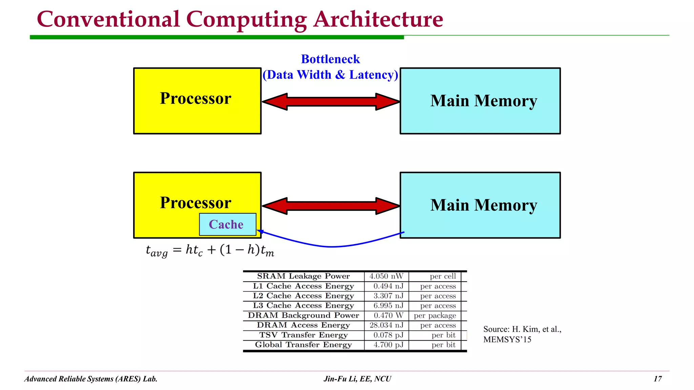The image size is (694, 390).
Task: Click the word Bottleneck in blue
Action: pyautogui.click(x=330, y=59)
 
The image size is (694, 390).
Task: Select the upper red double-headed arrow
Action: pyautogui.click(x=331, y=102)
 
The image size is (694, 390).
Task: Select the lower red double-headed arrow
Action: pyautogui.click(x=331, y=206)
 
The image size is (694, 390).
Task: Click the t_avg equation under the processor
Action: pyautogui.click(x=210, y=251)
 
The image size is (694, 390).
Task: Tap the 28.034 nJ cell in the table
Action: pyautogui.click(x=386, y=325)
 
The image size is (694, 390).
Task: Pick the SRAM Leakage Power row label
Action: pyautogui.click(x=303, y=276)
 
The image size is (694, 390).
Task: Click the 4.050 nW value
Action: pyautogui.click(x=386, y=276)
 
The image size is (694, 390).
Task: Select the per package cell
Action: pyautogui.click(x=435, y=316)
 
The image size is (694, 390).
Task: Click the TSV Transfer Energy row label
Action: pyautogui.click(x=303, y=335)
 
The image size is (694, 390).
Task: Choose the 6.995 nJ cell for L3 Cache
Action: pyautogui.click(x=388, y=306)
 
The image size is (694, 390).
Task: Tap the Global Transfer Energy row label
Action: pyautogui.click(x=303, y=345)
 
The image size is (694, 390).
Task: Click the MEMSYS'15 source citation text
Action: pyautogui.click(x=507, y=340)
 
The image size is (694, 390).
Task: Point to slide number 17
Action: pyautogui.click(x=657, y=379)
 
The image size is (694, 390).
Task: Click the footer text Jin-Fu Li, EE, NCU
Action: pyautogui.click(x=357, y=379)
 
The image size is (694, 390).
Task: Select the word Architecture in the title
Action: pyautogui.click(x=378, y=20)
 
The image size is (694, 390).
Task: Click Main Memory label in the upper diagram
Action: pyautogui.click(x=484, y=101)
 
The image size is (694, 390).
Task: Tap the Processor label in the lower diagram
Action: pyautogui.click(x=196, y=203)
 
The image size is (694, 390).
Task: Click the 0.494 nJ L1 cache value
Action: pyautogui.click(x=388, y=286)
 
